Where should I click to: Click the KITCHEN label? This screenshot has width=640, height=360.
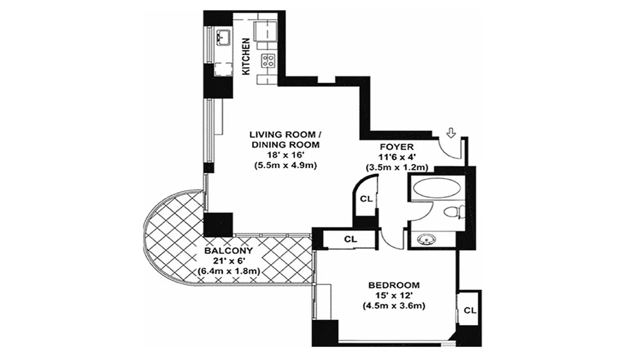click(246, 56)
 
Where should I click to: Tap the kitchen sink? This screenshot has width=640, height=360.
click(223, 38)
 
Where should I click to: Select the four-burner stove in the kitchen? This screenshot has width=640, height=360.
click(269, 60)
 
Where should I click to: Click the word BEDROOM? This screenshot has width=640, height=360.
click(394, 285)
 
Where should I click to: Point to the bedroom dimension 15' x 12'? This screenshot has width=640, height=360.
click(394, 295)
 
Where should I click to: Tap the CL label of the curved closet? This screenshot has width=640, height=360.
click(365, 199)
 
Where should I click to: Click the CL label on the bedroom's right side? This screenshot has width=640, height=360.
click(470, 310)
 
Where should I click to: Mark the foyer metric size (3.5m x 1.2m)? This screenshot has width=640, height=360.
click(396, 167)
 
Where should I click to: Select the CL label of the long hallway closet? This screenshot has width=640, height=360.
click(351, 239)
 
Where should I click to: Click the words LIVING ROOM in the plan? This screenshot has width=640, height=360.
click(285, 135)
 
